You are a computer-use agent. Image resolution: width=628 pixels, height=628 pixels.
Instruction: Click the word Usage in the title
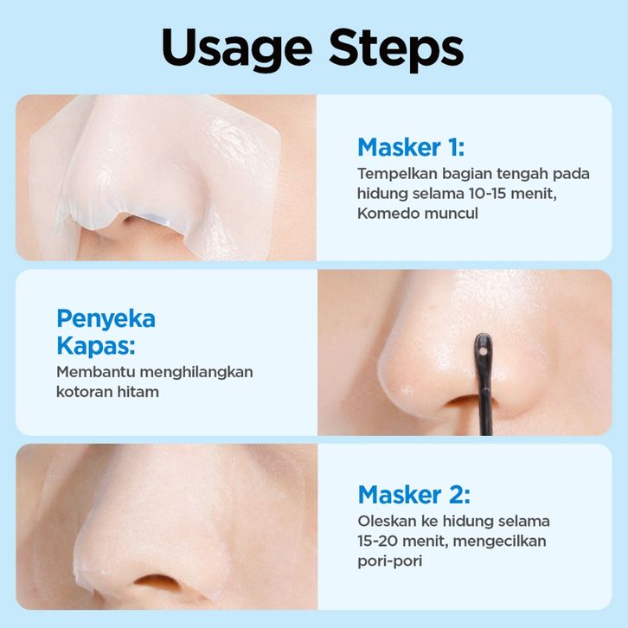click(x=237, y=49)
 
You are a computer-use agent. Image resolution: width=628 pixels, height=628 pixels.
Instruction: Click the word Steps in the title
click(x=396, y=49)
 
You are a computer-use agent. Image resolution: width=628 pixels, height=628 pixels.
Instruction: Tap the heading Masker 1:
click(x=411, y=147)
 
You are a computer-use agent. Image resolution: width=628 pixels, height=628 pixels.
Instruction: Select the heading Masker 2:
click(x=414, y=495)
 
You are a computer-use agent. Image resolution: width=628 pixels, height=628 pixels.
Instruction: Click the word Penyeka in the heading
click(x=106, y=319)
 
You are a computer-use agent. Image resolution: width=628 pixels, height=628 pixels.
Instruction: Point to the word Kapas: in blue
click(x=96, y=346)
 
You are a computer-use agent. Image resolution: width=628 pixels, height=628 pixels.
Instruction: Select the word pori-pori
click(x=390, y=561)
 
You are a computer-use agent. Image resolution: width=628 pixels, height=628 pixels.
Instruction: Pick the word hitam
click(x=138, y=392)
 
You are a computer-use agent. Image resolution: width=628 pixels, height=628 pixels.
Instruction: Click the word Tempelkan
click(x=397, y=174)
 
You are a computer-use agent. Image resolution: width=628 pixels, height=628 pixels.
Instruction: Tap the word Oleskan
click(x=387, y=521)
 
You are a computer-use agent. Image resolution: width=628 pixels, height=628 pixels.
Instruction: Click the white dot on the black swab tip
click(x=483, y=352)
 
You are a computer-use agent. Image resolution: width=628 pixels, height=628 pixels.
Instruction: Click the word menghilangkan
click(x=196, y=373)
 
